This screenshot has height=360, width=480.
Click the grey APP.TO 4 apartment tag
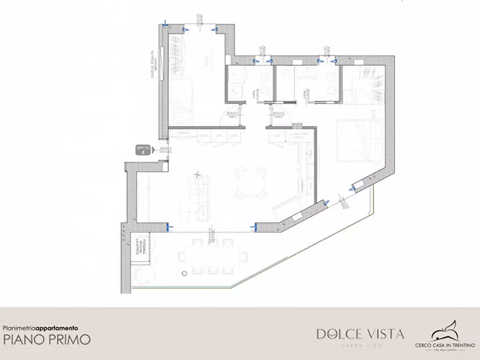143,149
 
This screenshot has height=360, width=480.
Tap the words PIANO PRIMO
47,340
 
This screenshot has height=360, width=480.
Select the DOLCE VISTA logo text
360,334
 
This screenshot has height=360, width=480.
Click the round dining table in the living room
252,182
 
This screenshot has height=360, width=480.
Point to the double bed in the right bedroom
359,140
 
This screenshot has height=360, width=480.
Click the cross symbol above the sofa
198,175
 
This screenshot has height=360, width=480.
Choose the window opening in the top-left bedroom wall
201,27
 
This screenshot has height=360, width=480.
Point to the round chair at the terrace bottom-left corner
144,275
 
